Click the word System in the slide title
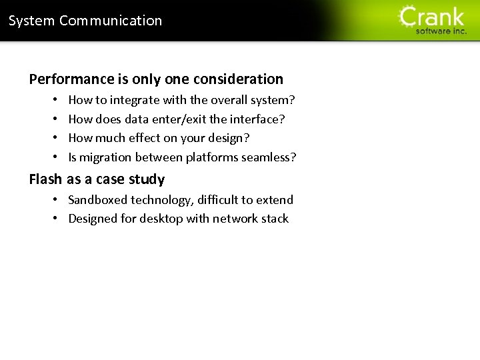[x=31, y=21]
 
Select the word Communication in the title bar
[x=111, y=21]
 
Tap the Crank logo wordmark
[x=432, y=16]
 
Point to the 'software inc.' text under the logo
[x=441, y=31]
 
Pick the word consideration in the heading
[x=238, y=79]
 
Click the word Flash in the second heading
[x=45, y=179]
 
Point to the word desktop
[x=161, y=219]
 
